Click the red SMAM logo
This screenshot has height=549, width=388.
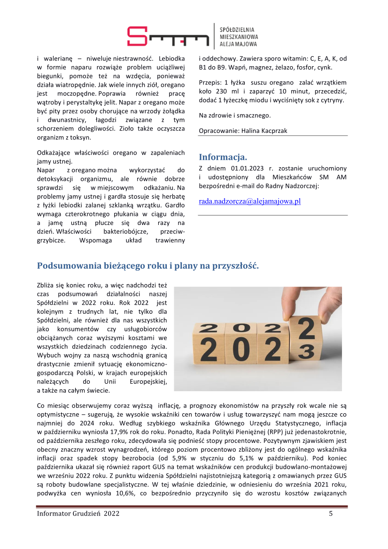168,36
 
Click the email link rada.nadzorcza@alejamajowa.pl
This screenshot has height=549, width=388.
249,201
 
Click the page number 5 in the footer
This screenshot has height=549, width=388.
331,514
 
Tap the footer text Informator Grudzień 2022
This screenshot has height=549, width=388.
78,514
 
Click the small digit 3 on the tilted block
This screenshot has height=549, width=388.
307,364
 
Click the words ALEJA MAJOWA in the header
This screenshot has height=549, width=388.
238,44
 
